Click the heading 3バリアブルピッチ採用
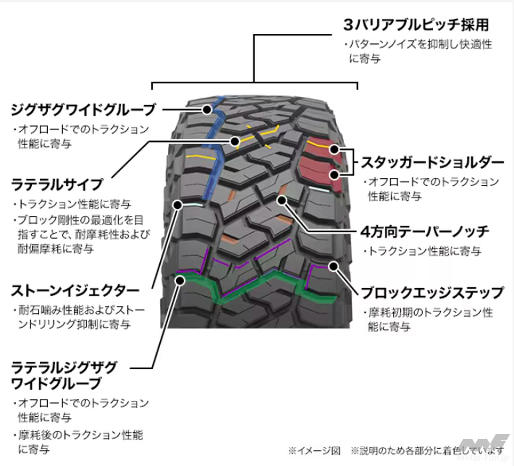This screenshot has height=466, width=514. [416, 25]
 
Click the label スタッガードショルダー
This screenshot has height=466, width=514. [432, 163]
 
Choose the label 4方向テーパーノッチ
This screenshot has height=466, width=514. [425, 232]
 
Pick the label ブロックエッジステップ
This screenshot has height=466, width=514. [432, 293]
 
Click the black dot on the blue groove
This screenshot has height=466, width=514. [207, 109]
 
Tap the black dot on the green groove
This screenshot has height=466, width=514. [180, 280]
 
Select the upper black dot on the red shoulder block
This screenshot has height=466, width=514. [334, 150]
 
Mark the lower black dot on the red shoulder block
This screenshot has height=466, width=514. [334, 175]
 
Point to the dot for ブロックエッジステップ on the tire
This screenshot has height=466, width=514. [334, 267]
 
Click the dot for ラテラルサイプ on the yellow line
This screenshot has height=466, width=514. [235, 141]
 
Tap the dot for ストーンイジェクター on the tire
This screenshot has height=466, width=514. [177, 205]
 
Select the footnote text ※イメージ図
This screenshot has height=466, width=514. [314, 451]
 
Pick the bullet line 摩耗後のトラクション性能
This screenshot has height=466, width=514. [80, 435]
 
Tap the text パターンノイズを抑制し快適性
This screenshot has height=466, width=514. [420, 44]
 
